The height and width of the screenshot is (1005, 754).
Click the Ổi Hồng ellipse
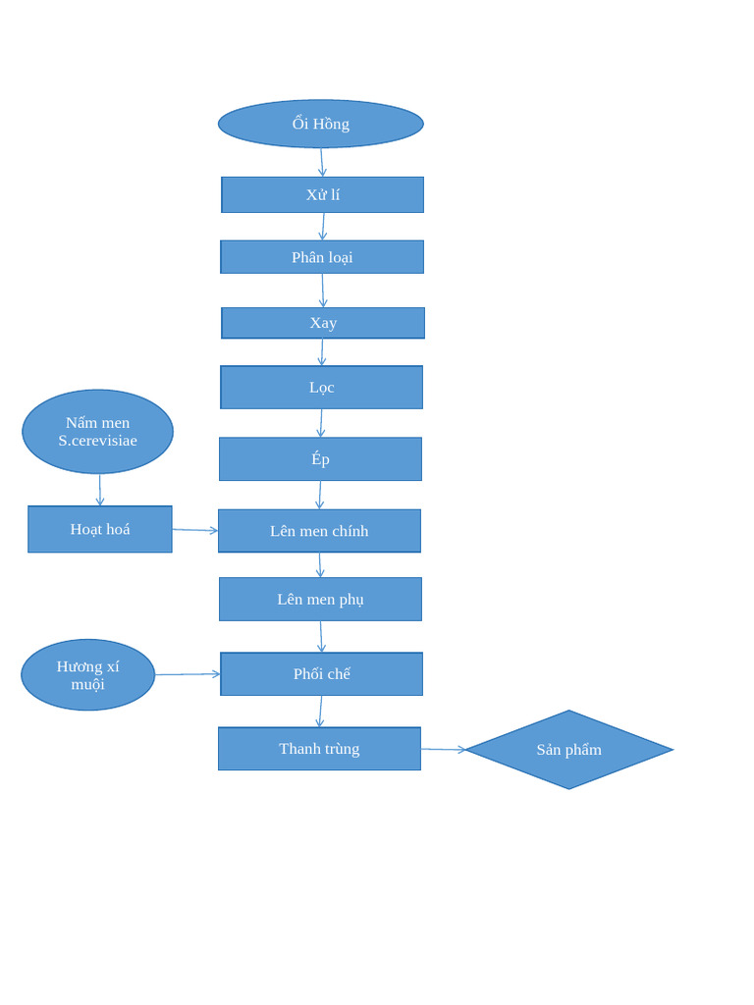point(321,124)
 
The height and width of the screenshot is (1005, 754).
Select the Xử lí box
point(322,194)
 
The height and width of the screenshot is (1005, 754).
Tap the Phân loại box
point(322,257)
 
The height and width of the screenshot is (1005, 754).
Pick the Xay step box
point(323,323)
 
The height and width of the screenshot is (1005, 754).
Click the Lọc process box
point(322,388)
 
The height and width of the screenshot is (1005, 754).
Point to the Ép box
point(320,459)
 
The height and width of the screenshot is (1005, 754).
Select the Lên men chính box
point(319,531)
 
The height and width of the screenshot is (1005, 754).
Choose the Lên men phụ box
point(320,599)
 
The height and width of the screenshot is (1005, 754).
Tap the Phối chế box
point(321,674)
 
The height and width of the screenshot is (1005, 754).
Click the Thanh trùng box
point(319,749)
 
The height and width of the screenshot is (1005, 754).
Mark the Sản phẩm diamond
point(569,750)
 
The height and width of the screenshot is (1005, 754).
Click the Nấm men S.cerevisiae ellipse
point(98,432)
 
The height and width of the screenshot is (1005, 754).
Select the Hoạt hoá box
point(100,529)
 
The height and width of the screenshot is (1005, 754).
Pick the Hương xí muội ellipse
point(88,675)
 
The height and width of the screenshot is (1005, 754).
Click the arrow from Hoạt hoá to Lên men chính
point(195,530)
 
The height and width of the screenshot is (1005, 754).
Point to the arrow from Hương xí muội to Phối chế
point(188,674)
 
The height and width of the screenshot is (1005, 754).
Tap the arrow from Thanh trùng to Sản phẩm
point(444,750)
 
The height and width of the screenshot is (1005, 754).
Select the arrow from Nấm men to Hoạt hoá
point(100,490)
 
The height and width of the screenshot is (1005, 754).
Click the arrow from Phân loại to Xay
point(323,291)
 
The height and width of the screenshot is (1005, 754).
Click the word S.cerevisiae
point(98,441)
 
